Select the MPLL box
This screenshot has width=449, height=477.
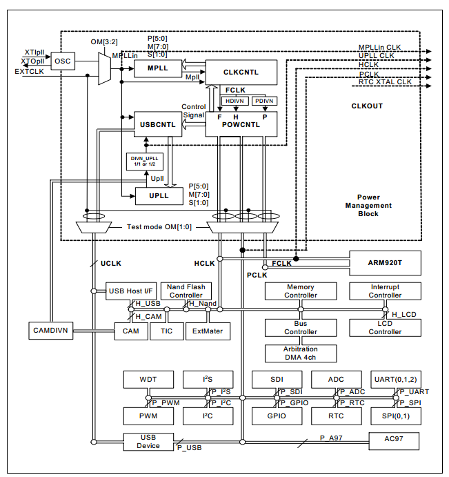(157, 68)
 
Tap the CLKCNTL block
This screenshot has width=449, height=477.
(241, 72)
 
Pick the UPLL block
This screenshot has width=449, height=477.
(159, 196)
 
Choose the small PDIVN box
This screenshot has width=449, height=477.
(263, 101)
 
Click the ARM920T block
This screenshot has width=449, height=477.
(385, 263)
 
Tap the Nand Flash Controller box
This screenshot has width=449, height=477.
(186, 291)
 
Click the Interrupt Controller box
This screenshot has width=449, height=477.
(385, 291)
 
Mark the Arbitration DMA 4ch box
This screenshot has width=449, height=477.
(301, 353)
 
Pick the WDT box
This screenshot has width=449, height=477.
(147, 380)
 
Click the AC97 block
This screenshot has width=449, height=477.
(394, 440)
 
